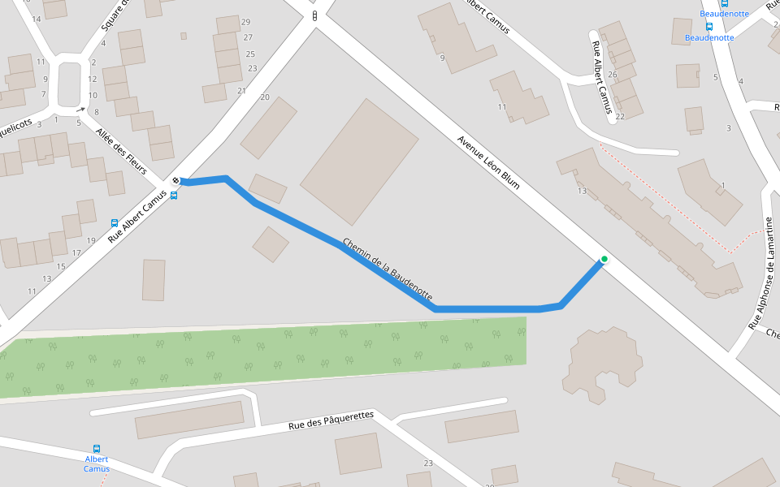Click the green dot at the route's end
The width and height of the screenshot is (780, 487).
[x=604, y=260]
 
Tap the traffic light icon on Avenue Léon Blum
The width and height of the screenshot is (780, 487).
[x=314, y=16]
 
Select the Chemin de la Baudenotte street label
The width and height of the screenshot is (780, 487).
[x=388, y=269]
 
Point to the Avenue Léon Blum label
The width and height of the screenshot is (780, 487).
[x=487, y=162]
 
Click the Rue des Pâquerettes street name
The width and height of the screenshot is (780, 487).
[x=331, y=420]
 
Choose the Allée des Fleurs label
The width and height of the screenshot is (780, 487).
[x=121, y=151]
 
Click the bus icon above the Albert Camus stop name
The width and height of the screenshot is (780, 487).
[x=97, y=449]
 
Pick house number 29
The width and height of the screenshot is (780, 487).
[x=246, y=22]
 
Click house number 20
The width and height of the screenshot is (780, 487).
[x=264, y=97]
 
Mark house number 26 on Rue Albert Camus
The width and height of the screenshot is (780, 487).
[x=613, y=75]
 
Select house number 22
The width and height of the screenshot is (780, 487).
[x=620, y=116]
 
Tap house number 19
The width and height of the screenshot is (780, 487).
[x=90, y=240]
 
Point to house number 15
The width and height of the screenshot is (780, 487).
[x=61, y=266]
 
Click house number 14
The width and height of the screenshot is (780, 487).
[x=36, y=19]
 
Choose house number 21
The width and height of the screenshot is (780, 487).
[x=241, y=91]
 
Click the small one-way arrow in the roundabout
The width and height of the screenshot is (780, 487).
[x=80, y=109]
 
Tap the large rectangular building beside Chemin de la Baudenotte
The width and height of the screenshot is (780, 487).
[x=360, y=162]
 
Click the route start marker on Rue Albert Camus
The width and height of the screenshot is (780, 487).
[x=176, y=180]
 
